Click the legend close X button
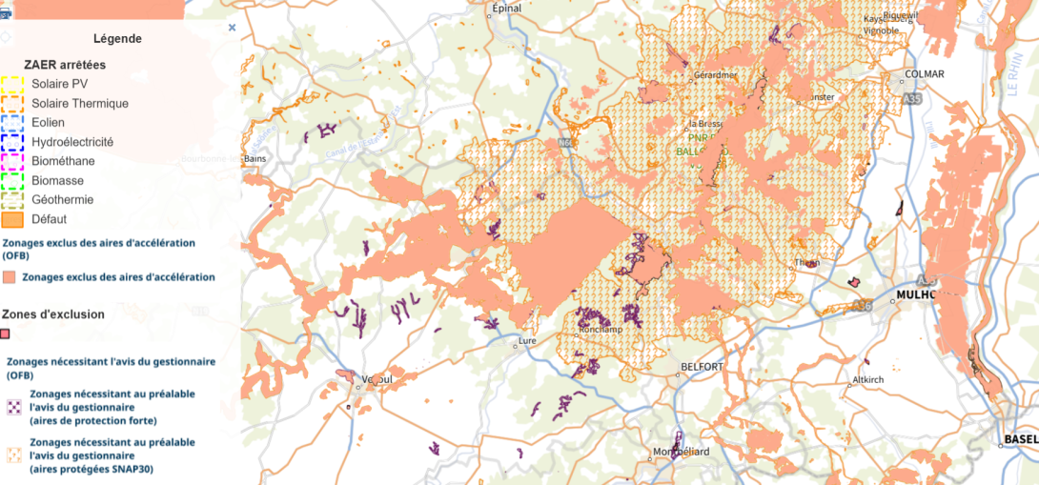coord(232,29)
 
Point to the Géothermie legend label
coord(63,200)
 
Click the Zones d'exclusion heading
coord(53,313)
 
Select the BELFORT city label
coord(703,367)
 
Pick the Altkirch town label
coord(868,378)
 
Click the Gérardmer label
coord(716,74)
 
